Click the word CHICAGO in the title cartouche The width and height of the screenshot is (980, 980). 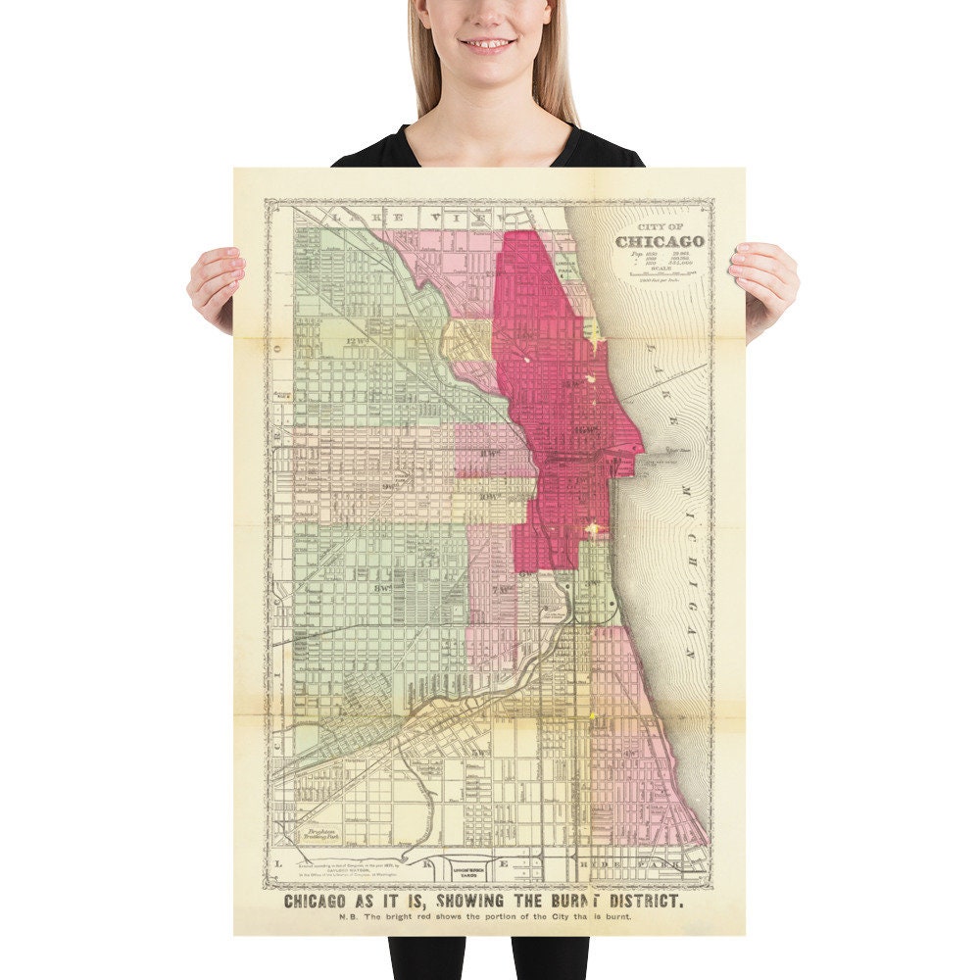(660, 241)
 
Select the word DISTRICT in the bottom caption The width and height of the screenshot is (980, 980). (638, 900)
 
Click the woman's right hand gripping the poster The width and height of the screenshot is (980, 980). (216, 284)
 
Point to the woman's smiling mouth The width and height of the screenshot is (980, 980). (488, 44)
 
